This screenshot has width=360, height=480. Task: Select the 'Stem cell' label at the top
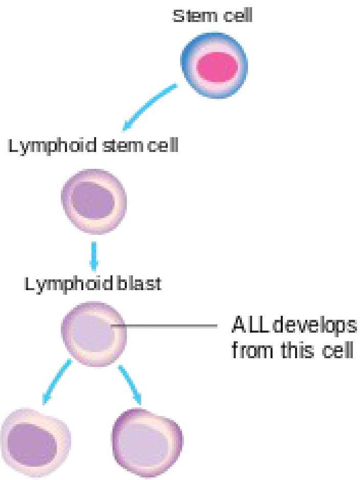pyautogui.click(x=212, y=17)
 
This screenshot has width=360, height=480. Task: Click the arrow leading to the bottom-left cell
pyautogui.click(x=56, y=381)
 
